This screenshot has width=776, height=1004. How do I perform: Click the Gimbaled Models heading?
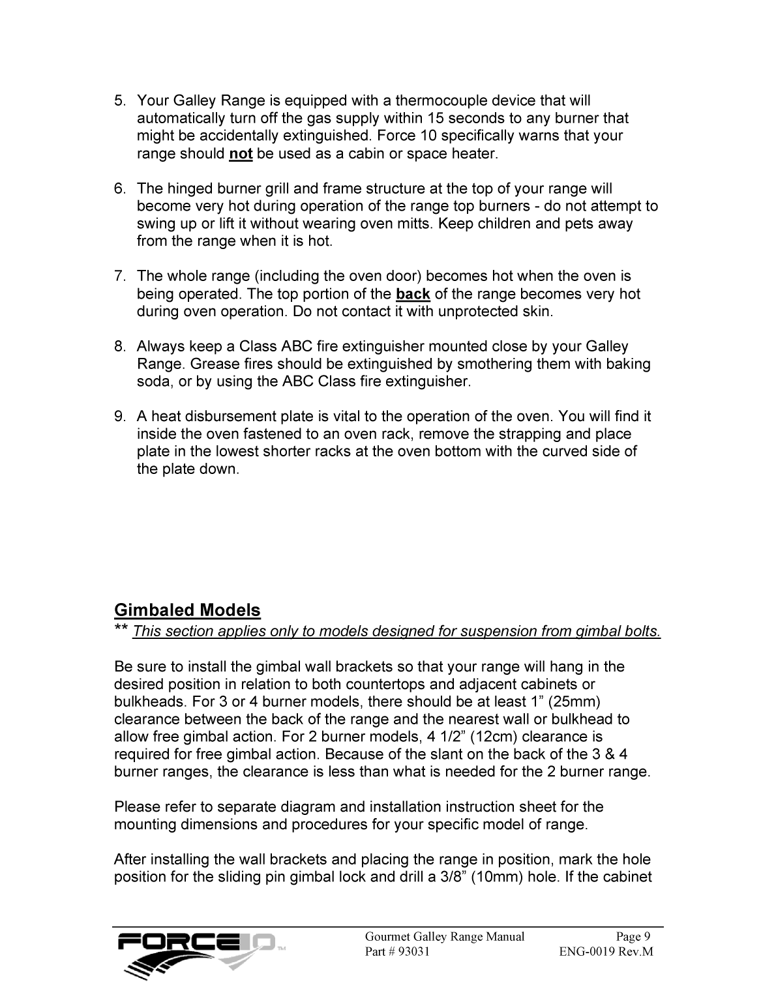point(187,611)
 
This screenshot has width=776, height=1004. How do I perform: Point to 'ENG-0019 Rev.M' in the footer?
point(606,952)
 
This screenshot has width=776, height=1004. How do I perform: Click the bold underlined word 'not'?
point(241,155)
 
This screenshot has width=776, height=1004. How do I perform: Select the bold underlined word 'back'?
point(413,294)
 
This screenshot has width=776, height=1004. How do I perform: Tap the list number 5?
point(119,101)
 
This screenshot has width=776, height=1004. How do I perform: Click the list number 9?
point(119,417)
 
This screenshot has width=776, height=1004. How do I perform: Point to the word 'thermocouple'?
point(441,101)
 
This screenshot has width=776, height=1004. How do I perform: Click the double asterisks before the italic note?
point(121,630)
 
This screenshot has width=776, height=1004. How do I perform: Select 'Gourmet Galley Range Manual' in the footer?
point(444,937)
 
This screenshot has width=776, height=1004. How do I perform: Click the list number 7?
point(119,276)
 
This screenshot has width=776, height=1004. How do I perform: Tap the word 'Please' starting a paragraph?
point(136,807)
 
